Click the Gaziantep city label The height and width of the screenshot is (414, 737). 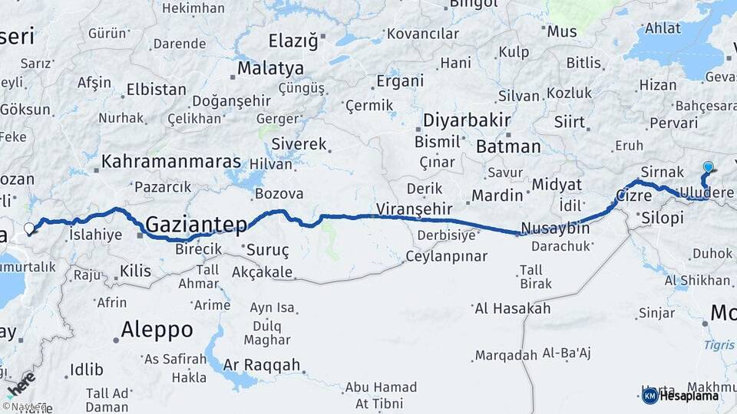196,225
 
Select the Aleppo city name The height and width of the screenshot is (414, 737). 157,330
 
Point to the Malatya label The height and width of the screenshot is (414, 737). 269,68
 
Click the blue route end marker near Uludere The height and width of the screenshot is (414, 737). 708,167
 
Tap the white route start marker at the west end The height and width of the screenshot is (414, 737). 29,228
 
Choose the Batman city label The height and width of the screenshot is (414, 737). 508,146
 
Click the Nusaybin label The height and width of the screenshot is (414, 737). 555,228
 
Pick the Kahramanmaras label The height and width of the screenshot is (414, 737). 171,163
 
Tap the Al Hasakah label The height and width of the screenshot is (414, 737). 513,308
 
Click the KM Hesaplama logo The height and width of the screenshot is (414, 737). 681,395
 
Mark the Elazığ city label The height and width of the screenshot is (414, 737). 292,41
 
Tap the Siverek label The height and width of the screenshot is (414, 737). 300,143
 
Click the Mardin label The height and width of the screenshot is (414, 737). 497,195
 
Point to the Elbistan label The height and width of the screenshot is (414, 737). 157,89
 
